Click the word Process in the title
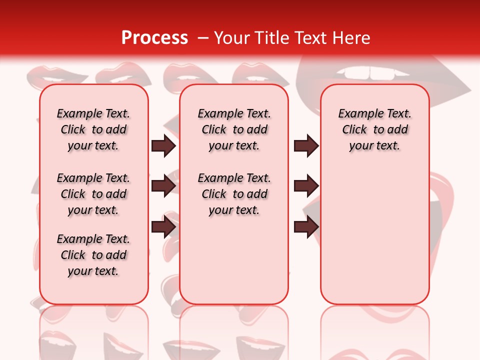pos(154,38)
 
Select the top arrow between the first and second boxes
pos(163,146)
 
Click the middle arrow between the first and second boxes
pos(163,185)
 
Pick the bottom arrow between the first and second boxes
pos(163,227)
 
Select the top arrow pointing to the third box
pos(306,146)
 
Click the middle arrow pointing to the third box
pos(306,185)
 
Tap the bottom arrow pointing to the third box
pos(306,227)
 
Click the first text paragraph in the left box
pos(93,129)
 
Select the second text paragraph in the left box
pos(93,194)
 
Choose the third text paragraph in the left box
pos(93,255)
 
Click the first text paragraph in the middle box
pos(234,129)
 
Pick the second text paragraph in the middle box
pos(234,194)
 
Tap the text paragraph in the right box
pos(374,129)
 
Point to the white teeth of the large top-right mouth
pos(370,73)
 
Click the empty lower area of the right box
pos(374,240)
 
